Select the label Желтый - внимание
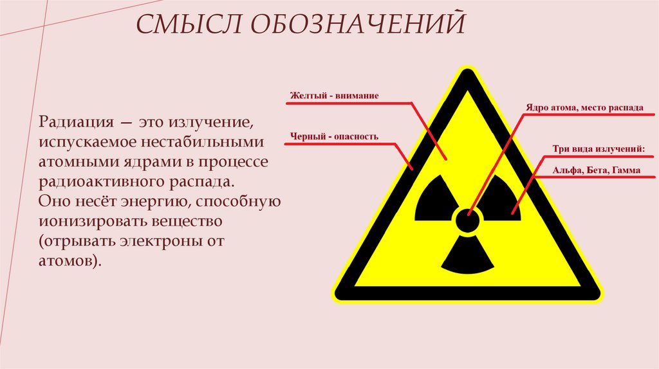(x=333, y=96)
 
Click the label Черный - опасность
(x=333, y=136)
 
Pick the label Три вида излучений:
(x=598, y=150)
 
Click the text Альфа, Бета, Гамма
(x=598, y=171)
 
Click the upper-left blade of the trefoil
(x=434, y=200)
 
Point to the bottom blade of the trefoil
(x=467, y=255)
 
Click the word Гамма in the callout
(x=626, y=171)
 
